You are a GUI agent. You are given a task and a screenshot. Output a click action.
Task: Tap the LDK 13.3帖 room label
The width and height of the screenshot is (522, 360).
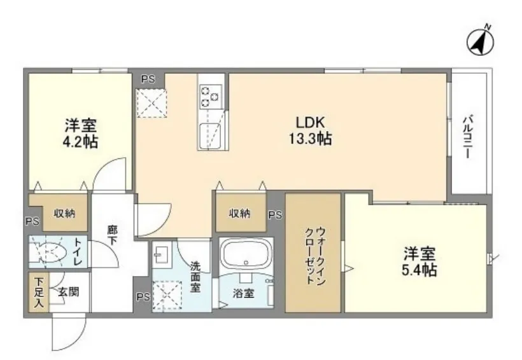point(310,130)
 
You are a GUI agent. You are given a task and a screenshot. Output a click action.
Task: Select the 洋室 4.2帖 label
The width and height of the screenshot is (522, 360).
point(80,134)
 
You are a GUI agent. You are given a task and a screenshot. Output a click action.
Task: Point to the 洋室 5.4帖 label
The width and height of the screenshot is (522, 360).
point(419,262)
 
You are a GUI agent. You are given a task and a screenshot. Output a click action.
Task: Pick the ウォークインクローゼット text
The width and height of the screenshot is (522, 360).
point(315,256)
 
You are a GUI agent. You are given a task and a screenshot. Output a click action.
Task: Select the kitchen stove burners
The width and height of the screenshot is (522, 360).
point(211,97)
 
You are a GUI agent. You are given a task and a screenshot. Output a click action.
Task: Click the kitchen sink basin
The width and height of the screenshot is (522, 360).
point(211,136)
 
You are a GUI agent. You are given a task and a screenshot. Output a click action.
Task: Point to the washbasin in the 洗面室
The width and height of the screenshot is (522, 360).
point(162,255)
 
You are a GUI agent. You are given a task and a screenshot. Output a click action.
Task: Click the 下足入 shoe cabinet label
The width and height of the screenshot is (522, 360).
point(39,292)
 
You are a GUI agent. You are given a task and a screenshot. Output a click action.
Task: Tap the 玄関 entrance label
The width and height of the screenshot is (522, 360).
point(69,292)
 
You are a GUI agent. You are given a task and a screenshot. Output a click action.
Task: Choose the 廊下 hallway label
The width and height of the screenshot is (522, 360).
point(112,235)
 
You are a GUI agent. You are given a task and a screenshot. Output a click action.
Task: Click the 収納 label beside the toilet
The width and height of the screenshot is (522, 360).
point(64,213)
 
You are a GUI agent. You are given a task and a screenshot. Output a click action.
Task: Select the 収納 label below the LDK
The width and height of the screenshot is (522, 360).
point(239,213)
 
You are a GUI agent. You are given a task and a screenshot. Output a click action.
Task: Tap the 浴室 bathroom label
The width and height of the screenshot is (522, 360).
point(243,293)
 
